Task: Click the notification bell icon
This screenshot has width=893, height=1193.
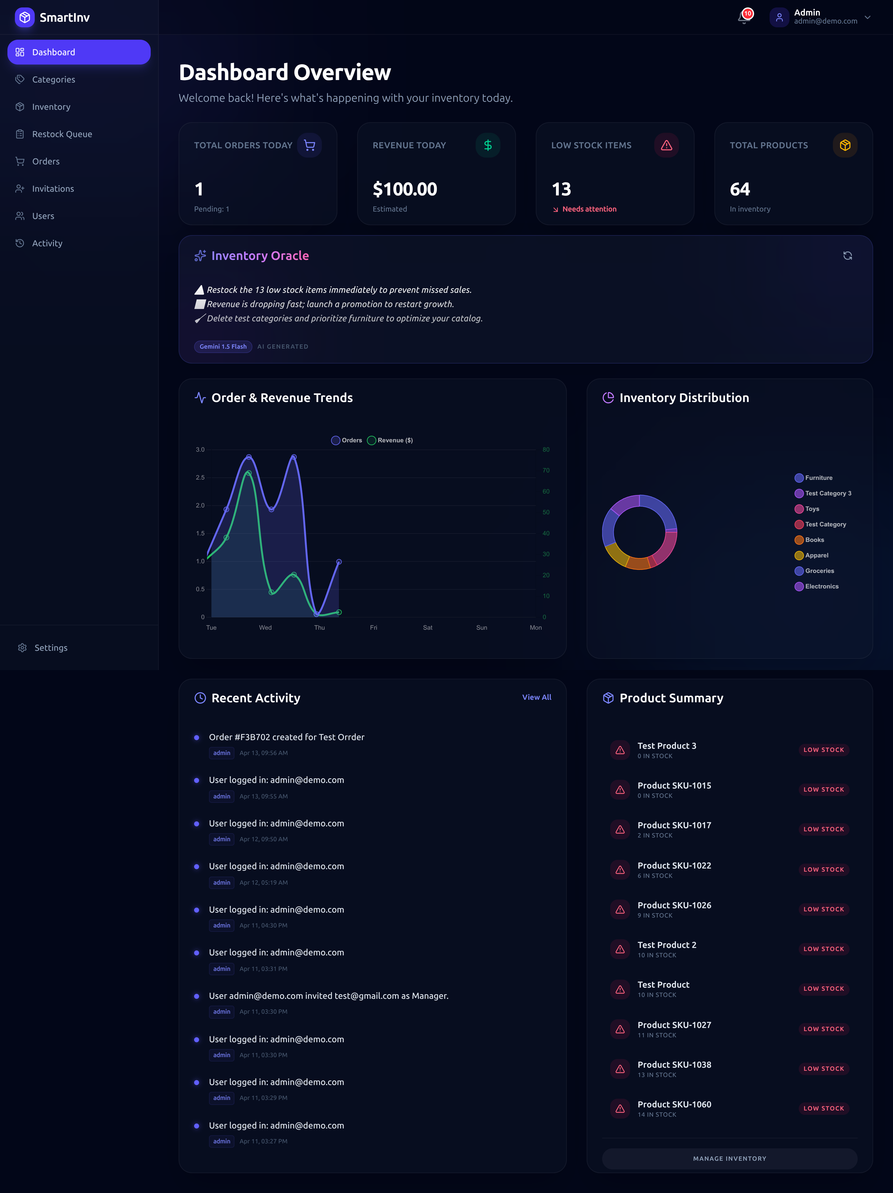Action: point(744,17)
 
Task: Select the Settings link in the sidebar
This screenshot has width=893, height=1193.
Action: point(51,648)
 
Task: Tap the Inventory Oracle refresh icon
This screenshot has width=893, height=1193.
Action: point(847,256)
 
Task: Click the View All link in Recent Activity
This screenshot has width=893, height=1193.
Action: point(536,697)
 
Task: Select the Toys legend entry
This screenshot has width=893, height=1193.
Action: point(811,509)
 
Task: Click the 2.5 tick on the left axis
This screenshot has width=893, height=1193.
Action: point(200,478)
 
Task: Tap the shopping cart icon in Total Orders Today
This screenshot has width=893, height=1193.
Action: point(309,145)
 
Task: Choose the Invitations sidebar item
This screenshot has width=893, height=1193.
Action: point(53,189)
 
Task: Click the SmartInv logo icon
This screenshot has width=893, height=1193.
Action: point(24,17)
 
